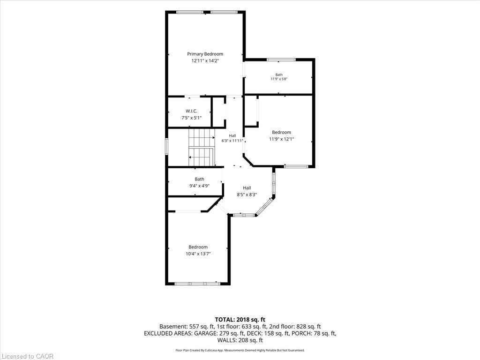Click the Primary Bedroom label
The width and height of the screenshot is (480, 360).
click(205, 54)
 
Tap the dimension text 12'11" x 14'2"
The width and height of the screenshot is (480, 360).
click(205, 60)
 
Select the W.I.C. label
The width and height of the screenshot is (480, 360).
click(191, 111)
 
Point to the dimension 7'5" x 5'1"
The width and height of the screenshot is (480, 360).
click(191, 118)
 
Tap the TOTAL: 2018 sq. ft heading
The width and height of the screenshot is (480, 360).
click(240, 320)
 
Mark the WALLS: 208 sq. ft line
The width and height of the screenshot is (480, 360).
click(240, 340)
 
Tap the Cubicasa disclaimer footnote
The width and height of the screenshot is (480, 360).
click(240, 350)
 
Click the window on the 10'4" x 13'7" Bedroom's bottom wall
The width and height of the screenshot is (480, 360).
click(197, 284)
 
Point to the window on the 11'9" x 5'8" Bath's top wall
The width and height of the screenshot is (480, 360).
click(281, 60)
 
